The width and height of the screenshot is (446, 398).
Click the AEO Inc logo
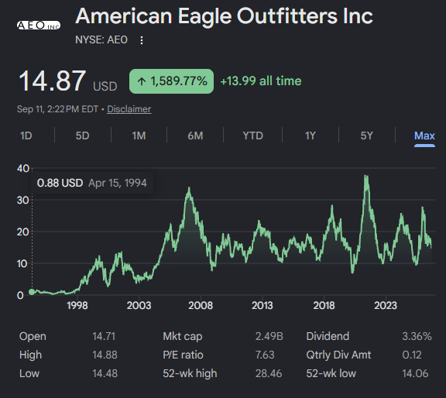coord(39,26)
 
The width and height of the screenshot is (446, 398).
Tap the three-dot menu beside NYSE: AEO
coord(142,40)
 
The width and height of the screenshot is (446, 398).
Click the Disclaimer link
coord(129,109)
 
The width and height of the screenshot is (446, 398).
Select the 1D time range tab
coord(26,136)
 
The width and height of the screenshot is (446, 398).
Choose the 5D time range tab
coord(83,136)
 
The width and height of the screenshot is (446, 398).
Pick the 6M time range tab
coord(195,136)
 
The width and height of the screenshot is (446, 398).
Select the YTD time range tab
coord(253,136)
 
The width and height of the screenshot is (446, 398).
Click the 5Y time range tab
coord(367,136)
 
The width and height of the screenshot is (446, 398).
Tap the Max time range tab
coord(424,136)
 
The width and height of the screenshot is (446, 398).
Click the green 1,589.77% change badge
coord(172,81)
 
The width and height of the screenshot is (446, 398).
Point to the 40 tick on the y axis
coord(23,169)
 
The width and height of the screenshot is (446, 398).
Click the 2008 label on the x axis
coord(201,306)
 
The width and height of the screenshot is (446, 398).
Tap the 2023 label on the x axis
coord(386,306)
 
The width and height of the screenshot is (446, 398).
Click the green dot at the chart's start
coord(32,292)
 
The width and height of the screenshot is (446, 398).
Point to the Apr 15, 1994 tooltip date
coord(118,183)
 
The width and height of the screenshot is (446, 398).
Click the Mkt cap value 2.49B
coord(269,336)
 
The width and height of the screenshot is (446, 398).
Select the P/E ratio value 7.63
coord(265,355)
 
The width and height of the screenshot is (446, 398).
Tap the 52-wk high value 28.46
coord(269,373)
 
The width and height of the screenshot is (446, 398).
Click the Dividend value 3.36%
coord(417,336)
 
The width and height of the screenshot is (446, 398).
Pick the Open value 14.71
coord(104,336)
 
